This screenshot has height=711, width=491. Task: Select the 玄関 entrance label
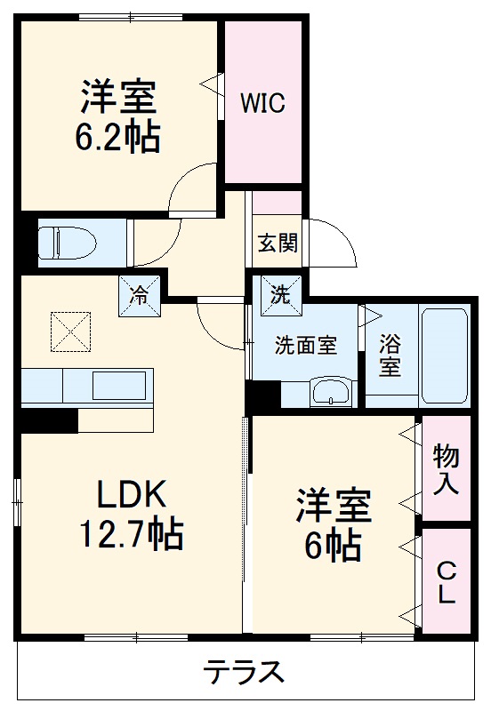pyautogui.click(x=278, y=243)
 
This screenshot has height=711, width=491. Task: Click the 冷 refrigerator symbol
pyautogui.click(x=141, y=295)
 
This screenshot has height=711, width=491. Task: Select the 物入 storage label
pyautogui.click(x=445, y=470)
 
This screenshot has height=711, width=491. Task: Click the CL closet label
pyautogui.click(x=445, y=582)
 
